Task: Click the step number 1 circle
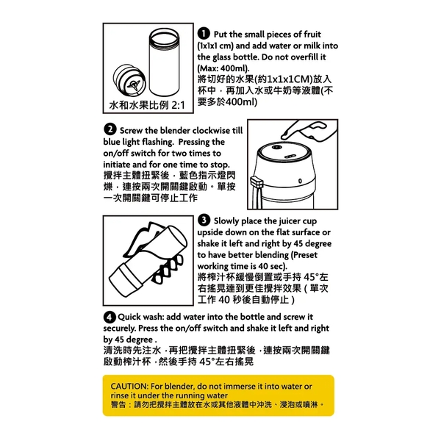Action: point(204,34)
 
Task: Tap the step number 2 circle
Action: point(110,129)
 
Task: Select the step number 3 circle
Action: point(204,220)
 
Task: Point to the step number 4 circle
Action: point(110,317)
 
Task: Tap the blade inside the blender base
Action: point(133,85)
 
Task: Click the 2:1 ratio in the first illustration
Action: point(178,105)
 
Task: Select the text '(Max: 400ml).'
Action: point(223,68)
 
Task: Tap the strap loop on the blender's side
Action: point(257,183)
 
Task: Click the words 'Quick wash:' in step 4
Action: point(140,317)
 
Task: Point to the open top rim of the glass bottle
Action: point(164,37)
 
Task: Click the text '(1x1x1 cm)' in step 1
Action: point(215,46)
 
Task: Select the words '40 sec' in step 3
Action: point(272,266)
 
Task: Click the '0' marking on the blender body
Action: point(300,181)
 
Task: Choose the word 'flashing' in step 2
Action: point(158,142)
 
